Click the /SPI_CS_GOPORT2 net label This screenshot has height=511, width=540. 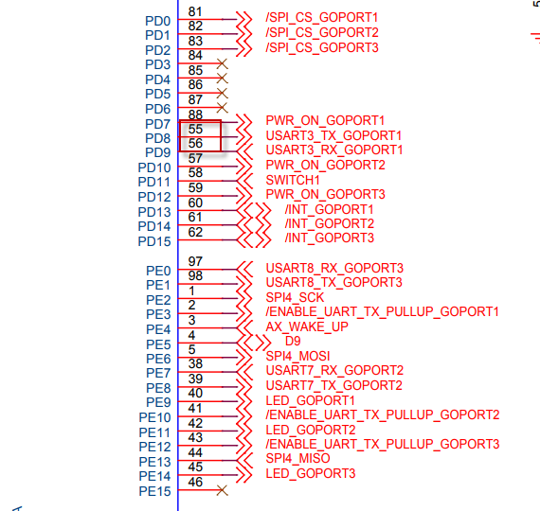pos(322,33)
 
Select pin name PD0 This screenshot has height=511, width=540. pos(157,22)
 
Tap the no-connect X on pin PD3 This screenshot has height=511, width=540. pos(222,63)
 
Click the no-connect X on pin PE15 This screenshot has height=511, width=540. pos(222,490)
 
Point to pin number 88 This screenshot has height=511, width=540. pos(195,115)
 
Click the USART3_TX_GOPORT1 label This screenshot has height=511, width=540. pos(333,135)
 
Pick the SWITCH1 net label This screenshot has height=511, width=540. pos(293,180)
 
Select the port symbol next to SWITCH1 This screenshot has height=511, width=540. pos(244,181)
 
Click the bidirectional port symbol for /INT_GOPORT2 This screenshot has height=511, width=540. pos(254,225)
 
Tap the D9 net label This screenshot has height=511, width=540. pos(293,341)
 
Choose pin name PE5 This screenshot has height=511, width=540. pos(158,344)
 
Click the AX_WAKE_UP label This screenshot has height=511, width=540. pos(307,326)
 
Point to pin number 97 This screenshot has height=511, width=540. pos(195,261)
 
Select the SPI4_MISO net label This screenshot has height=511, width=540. pos(297,458)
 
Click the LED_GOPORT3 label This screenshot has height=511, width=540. pos(311,473)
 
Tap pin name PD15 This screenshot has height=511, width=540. pos(154,241)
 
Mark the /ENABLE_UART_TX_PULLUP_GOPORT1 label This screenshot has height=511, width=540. pos(383,311)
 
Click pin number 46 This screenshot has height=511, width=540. pos(195,482)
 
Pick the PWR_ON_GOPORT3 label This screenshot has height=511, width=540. pos(326,194)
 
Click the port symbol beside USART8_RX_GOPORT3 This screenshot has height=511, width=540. pos(244,269)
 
